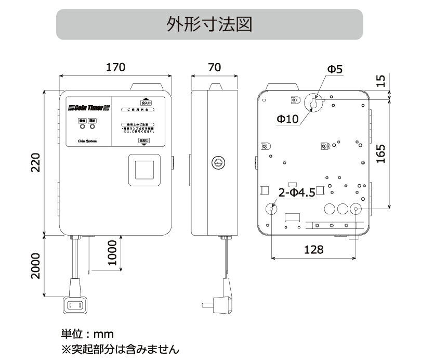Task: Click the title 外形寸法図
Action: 209,23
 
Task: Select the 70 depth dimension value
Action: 214,67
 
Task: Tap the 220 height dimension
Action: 35,163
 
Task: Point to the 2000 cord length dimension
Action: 35,265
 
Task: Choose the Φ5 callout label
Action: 335,69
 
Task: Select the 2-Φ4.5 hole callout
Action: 297,193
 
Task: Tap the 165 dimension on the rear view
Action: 380,153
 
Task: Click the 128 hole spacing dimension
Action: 313,250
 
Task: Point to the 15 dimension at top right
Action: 381,81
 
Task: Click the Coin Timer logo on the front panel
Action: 88,108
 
